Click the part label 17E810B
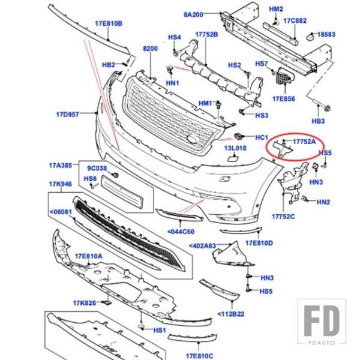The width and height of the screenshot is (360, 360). pos(109,23)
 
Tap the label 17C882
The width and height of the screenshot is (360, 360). pos(295,21)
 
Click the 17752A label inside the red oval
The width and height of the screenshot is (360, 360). pos(305,142)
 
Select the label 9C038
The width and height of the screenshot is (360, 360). pos(97,169)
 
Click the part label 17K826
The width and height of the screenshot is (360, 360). pos(85,303)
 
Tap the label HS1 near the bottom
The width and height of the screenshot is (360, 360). pos(159,330)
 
